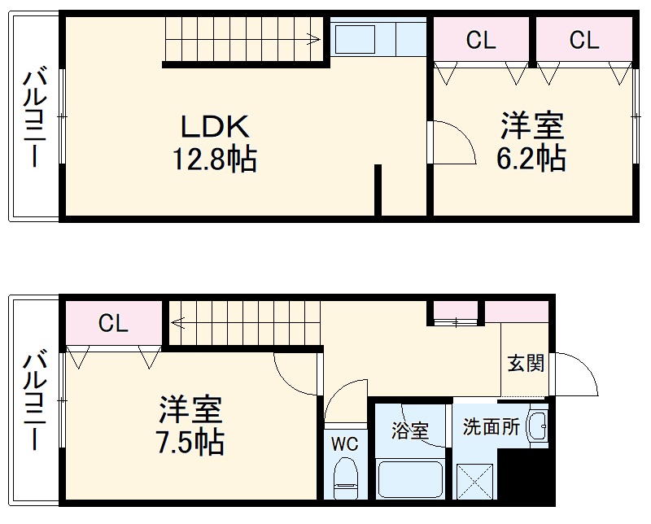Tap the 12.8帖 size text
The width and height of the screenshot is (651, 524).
214,159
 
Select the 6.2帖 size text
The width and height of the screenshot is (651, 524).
531,159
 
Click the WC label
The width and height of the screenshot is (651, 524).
344,444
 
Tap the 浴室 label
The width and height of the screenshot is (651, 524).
409,430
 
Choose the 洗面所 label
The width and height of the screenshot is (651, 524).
491,427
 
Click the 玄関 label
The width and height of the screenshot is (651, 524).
525,362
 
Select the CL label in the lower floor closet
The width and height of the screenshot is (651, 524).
113,323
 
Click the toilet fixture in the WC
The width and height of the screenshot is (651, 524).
346,477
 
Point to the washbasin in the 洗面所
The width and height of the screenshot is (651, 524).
536,426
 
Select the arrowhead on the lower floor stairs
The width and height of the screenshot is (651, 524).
175,322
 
